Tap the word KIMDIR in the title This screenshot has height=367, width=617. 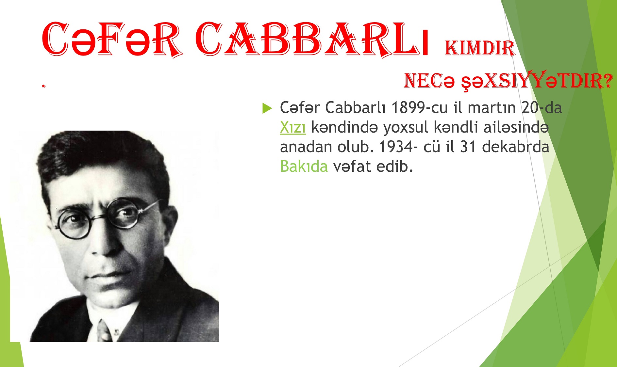[480, 48]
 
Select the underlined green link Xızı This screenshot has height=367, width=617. [293, 127]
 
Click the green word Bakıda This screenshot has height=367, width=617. [304, 166]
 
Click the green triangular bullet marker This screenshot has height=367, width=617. [267, 108]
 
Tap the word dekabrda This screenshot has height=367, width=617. [516, 147]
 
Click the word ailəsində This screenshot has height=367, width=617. [516, 127]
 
